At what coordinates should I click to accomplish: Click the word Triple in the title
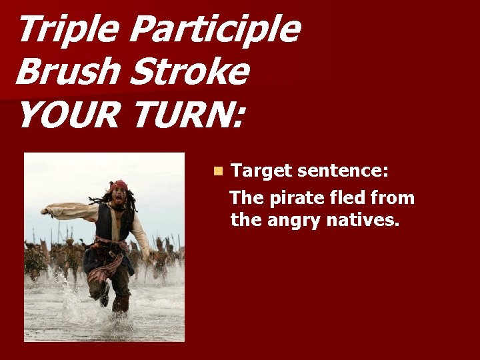[x=67, y=31]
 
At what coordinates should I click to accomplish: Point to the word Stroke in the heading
[x=189, y=72]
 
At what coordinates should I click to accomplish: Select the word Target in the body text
[x=261, y=171]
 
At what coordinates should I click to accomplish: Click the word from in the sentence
[x=394, y=198]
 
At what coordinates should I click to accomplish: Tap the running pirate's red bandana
[x=120, y=185]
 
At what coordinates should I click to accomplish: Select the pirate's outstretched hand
[x=45, y=211]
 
